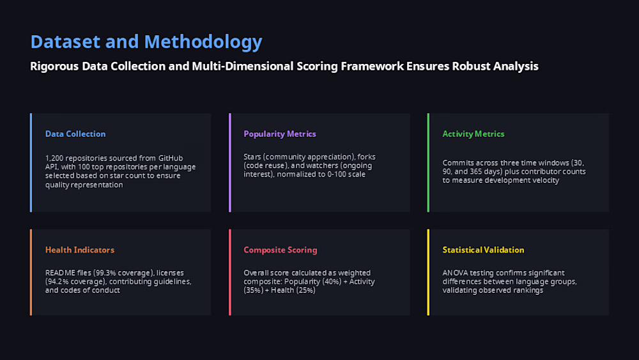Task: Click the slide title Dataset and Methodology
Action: (x=146, y=42)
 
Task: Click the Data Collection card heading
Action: (x=75, y=134)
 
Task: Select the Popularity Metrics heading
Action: (x=280, y=134)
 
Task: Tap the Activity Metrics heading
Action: (x=473, y=134)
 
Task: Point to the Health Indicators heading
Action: (x=80, y=249)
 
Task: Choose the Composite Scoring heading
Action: (x=281, y=250)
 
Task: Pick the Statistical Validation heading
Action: (x=483, y=249)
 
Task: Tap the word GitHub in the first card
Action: (x=171, y=158)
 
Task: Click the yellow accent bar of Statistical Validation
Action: (x=428, y=272)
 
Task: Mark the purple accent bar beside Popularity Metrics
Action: (x=230, y=162)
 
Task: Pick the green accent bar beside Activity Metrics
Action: (x=428, y=162)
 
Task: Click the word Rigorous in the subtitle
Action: (x=54, y=66)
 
